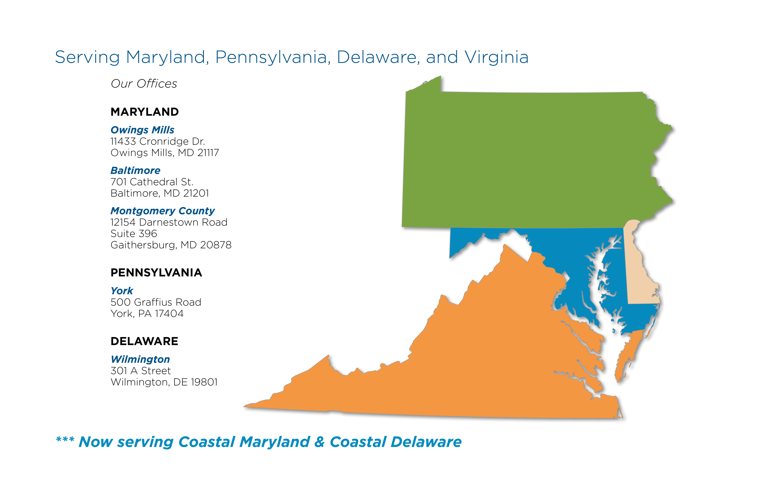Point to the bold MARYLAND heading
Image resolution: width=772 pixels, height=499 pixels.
click(x=144, y=112)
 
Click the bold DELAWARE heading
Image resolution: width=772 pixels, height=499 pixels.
click(x=144, y=341)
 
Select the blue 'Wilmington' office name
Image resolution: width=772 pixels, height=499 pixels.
click(x=140, y=359)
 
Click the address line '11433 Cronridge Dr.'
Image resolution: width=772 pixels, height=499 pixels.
click(x=158, y=141)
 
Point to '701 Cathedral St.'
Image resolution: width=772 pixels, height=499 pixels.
click(x=152, y=182)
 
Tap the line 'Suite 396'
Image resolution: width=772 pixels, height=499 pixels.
click(x=134, y=234)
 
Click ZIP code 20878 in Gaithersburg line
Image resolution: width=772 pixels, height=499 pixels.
click(x=216, y=245)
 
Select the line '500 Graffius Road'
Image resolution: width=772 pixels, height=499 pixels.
click(x=156, y=302)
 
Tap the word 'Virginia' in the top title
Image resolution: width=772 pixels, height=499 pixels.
click(x=496, y=57)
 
